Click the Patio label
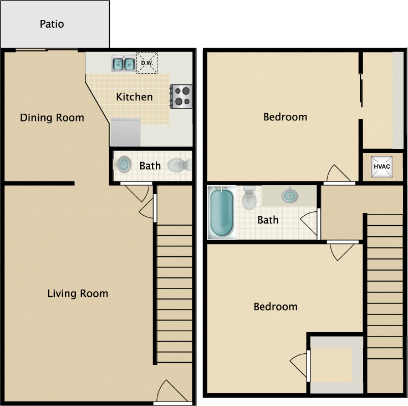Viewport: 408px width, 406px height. [52, 24]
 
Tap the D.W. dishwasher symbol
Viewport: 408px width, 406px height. [147, 63]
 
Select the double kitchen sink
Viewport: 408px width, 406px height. [123, 64]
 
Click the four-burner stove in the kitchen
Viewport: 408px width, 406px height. [181, 96]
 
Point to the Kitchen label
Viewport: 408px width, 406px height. [134, 97]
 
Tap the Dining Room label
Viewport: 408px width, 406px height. [52, 118]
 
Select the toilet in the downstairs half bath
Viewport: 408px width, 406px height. [179, 165]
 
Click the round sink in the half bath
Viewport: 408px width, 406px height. [123, 164]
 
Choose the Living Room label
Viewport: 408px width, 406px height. [78, 293]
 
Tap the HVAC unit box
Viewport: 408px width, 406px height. [381, 166]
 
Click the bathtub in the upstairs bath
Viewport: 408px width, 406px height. [221, 212]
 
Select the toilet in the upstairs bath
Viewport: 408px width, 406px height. [249, 197]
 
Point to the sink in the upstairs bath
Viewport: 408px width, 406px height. [288, 195]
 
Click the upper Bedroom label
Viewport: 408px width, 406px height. [285, 117]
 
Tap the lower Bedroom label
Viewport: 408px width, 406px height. [276, 307]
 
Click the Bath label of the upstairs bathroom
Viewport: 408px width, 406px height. [268, 220]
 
